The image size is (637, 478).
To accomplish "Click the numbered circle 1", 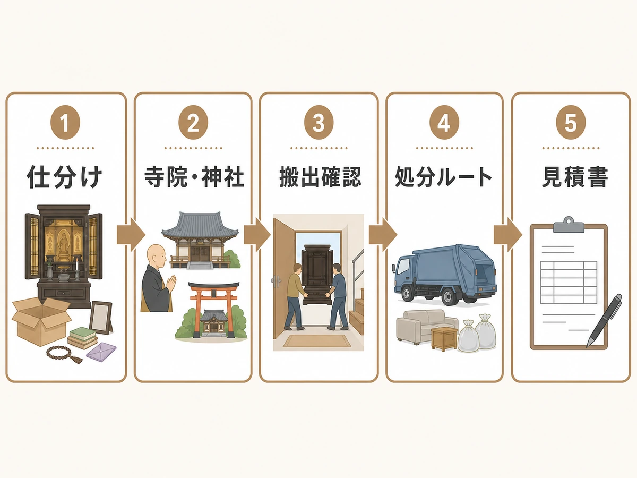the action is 65,122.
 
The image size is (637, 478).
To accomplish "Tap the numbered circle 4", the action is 444,122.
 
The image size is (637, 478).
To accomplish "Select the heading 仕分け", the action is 64,177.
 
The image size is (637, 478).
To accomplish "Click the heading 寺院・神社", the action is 194,177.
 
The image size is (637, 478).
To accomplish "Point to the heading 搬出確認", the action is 320,177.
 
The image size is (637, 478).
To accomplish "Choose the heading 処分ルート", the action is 443,177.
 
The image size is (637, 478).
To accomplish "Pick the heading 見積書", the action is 574,177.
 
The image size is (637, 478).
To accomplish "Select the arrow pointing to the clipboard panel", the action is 508,235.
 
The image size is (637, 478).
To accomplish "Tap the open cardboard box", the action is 41,321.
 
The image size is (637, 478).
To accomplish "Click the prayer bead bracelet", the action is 64,354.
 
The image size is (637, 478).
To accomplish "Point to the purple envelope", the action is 101,352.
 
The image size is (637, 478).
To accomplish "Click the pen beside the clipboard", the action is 604,320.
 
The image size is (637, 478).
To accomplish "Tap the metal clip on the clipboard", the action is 569,224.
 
